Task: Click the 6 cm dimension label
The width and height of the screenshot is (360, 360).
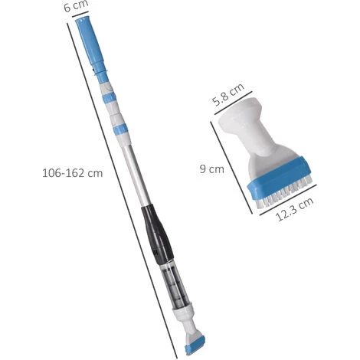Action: coord(76,5)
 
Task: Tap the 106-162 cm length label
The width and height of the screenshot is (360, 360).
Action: coord(73,173)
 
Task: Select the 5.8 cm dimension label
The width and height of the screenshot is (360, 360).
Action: coord(228,94)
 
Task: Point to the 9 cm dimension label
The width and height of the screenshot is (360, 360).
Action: coord(211,169)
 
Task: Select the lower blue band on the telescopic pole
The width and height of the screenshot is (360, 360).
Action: coord(121,129)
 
